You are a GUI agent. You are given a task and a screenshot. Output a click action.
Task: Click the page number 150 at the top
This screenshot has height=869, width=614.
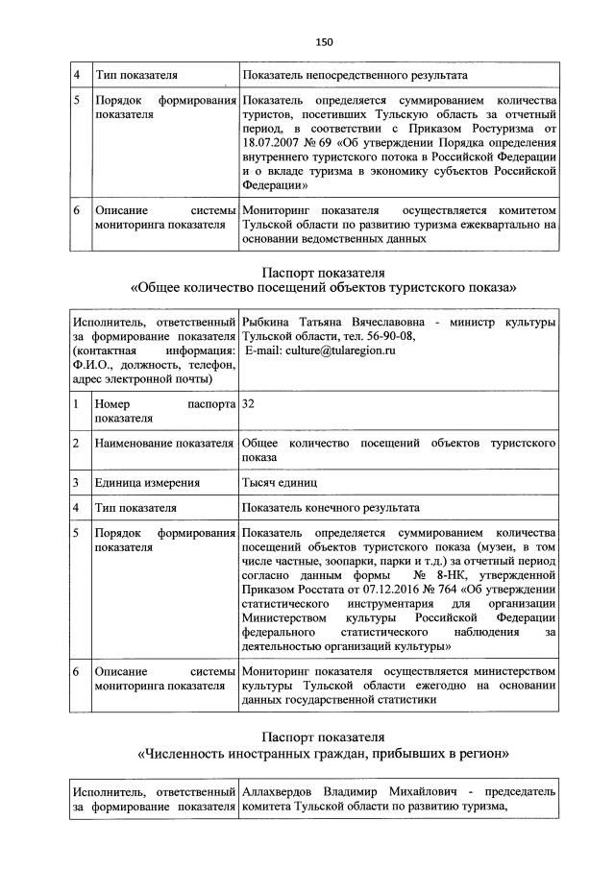(x=323, y=41)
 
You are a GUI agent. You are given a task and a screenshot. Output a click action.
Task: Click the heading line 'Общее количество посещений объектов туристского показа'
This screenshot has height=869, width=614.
(x=324, y=286)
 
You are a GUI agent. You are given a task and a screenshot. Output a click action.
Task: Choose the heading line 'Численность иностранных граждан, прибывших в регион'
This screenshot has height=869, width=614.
(x=324, y=754)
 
